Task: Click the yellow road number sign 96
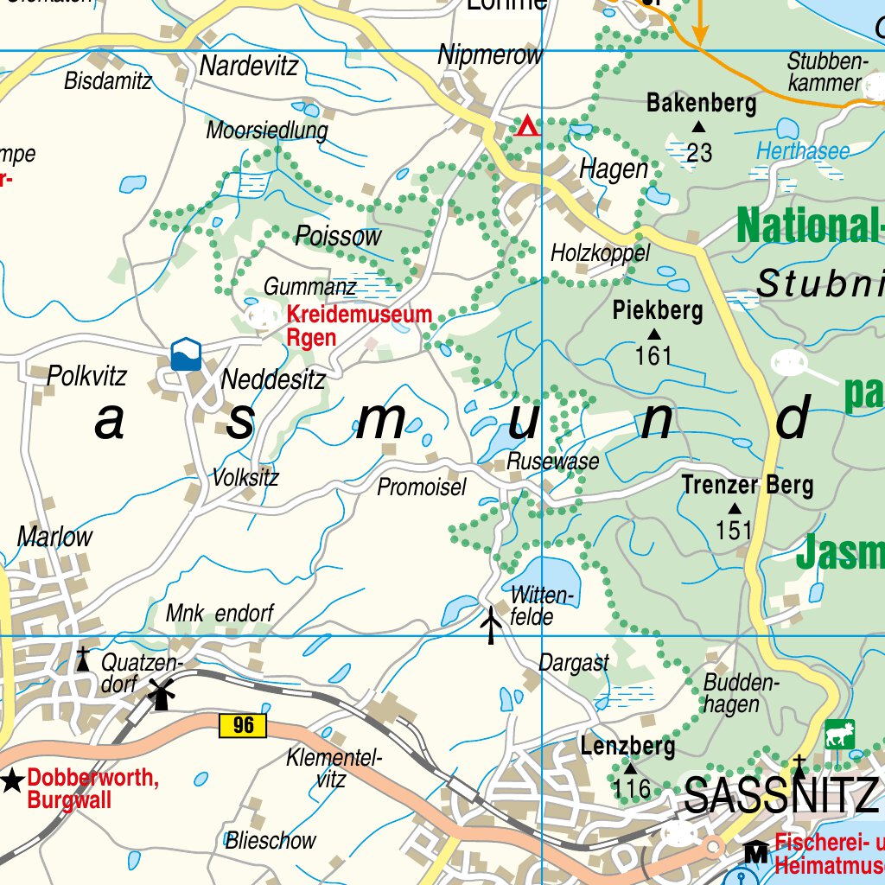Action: (244, 725)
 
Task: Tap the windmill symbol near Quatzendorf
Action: (160, 693)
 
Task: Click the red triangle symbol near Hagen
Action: (526, 127)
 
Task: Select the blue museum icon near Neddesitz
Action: (186, 353)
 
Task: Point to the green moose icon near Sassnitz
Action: (838, 735)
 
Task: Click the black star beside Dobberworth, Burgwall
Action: (12, 781)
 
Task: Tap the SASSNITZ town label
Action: (780, 795)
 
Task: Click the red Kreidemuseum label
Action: (359, 315)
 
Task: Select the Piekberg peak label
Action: (658, 310)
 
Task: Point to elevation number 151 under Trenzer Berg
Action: (734, 530)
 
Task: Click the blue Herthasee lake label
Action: (803, 152)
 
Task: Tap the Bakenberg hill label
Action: (701, 105)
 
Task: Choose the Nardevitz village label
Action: (249, 66)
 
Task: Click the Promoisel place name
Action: (421, 487)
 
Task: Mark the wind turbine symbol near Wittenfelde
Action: (491, 625)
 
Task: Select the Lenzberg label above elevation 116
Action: (627, 745)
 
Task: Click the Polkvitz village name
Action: (86, 376)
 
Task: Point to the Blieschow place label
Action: (271, 840)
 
